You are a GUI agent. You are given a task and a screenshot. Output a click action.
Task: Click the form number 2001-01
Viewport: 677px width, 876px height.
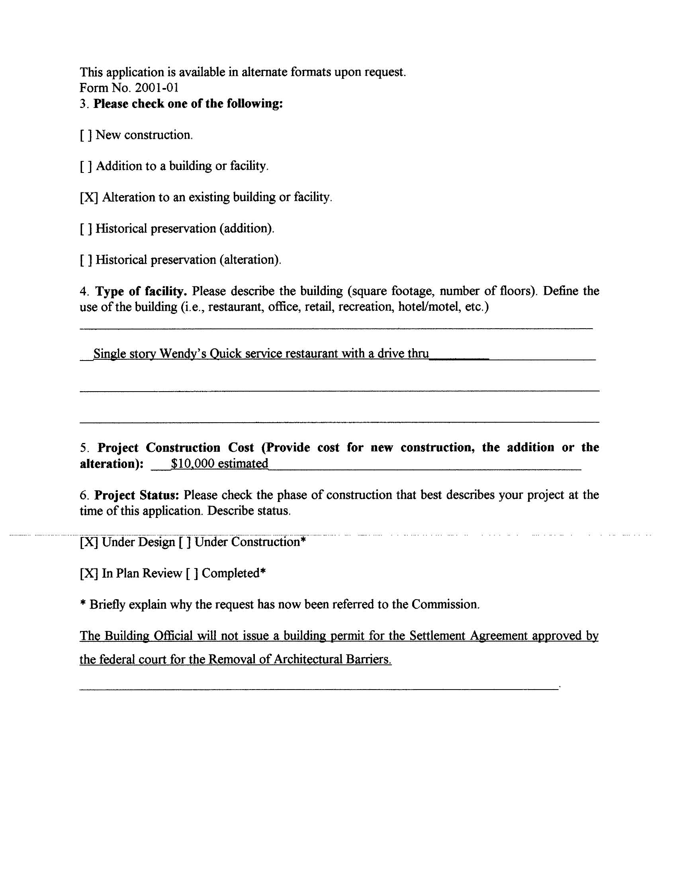(157, 87)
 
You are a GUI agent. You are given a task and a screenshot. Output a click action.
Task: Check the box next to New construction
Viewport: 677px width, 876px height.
(86, 135)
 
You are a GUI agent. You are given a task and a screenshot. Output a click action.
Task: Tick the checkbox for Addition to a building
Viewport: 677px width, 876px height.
(86, 167)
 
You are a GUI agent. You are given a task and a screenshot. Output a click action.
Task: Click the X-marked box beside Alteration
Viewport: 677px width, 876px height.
(89, 198)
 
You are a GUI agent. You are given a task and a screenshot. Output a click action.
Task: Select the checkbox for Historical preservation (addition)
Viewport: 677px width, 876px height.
(86, 229)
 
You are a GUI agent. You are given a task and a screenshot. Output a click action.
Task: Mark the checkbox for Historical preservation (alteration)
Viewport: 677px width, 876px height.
(86, 260)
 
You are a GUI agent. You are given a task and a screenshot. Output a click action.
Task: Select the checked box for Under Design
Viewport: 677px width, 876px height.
(89, 542)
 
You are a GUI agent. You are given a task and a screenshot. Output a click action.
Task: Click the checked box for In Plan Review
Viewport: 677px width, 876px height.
(89, 574)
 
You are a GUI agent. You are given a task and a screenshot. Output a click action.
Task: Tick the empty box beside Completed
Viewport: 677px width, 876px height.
(192, 574)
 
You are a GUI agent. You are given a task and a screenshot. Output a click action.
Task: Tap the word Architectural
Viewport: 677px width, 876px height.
(307, 659)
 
